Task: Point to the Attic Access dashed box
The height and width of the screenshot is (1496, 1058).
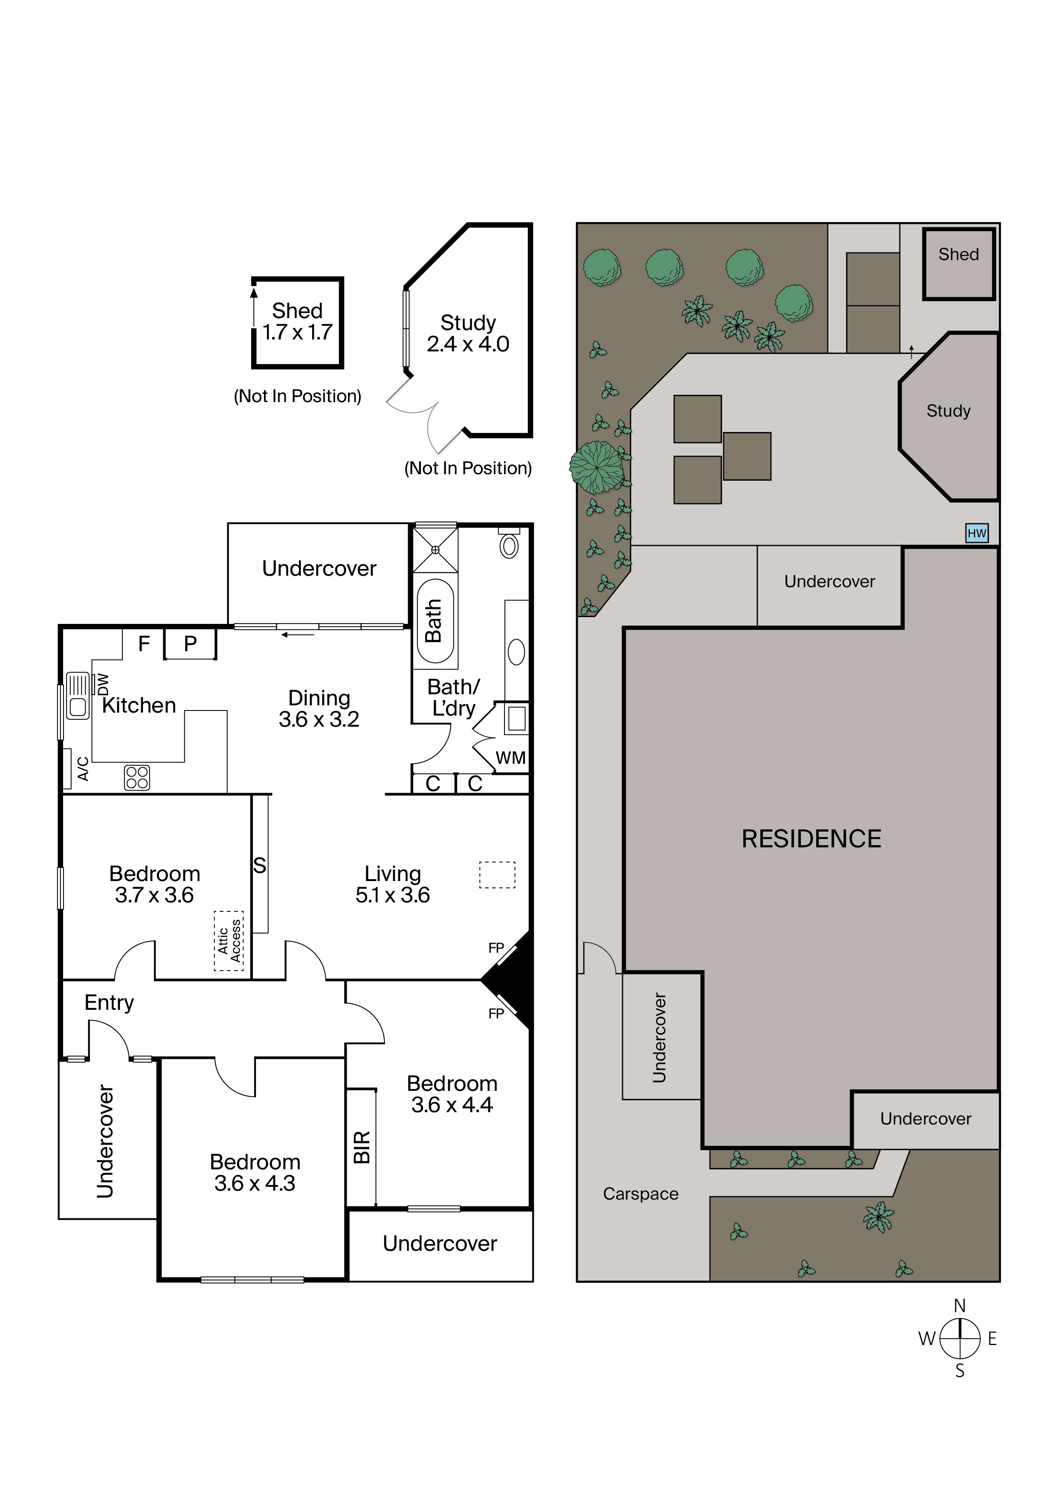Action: click(229, 941)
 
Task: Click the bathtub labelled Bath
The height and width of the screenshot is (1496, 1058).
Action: click(435, 621)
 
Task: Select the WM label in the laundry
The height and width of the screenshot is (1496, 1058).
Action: click(511, 758)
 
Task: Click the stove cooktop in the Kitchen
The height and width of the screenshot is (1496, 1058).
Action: click(137, 777)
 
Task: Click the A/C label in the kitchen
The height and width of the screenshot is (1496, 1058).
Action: click(83, 769)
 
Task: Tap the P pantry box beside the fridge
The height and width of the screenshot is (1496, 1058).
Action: click(190, 644)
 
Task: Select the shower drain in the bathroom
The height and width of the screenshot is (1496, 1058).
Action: click(435, 550)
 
